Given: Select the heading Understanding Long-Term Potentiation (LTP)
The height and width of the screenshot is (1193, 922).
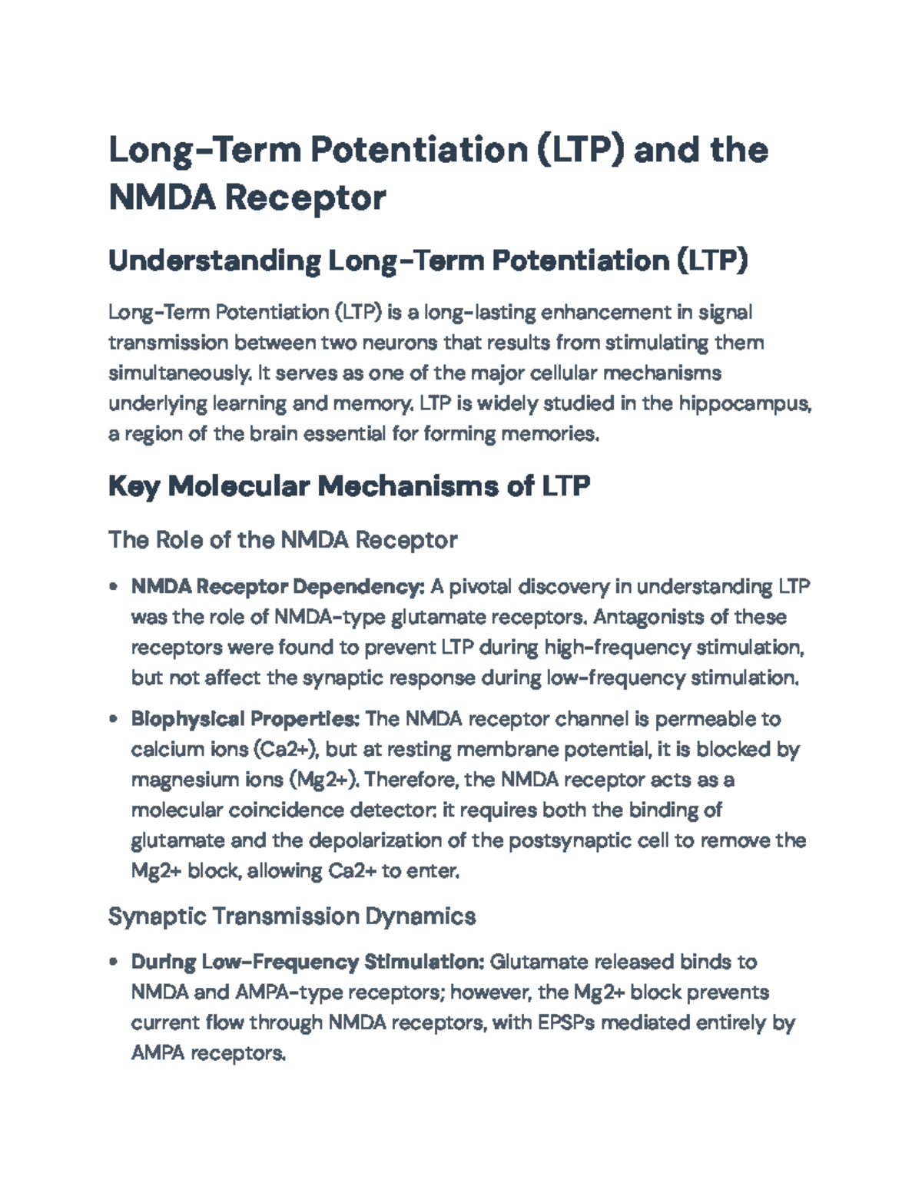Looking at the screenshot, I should (x=427, y=261).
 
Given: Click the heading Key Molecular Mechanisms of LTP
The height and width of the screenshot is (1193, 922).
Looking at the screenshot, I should (x=349, y=486).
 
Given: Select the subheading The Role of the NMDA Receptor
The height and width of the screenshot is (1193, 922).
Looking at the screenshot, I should (x=283, y=540).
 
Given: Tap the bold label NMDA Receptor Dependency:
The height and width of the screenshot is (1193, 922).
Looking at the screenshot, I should (x=277, y=587).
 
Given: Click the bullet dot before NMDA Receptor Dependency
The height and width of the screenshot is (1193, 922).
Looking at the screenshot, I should (x=114, y=588).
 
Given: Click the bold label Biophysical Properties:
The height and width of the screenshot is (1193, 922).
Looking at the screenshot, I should (x=245, y=719).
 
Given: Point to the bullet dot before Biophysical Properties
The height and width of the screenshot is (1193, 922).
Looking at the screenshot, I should (x=114, y=720).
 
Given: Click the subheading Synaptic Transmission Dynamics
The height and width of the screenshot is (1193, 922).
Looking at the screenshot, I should (x=292, y=916).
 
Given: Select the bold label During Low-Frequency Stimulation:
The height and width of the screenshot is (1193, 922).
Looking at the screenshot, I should (x=307, y=962).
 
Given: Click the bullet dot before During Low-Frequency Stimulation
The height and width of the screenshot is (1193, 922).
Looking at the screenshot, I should (x=114, y=963).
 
